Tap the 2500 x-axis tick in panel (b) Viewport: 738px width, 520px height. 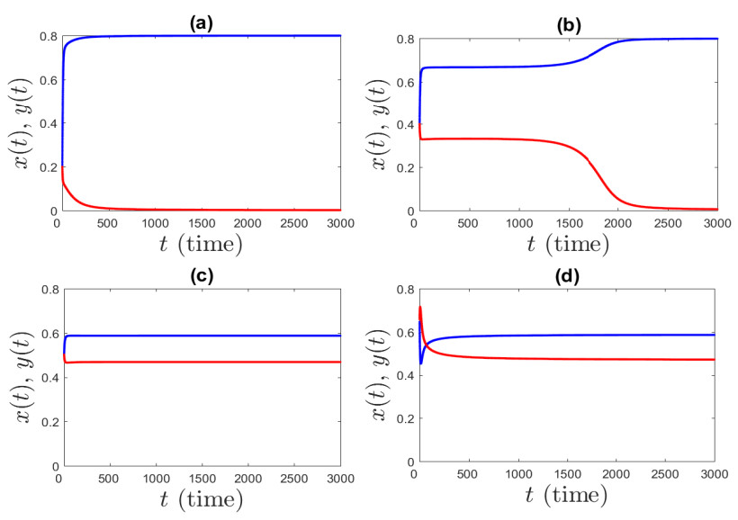tap(667, 222)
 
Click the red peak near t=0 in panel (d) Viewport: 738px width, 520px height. tap(420, 308)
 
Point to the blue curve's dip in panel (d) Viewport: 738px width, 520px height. tap(420, 363)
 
